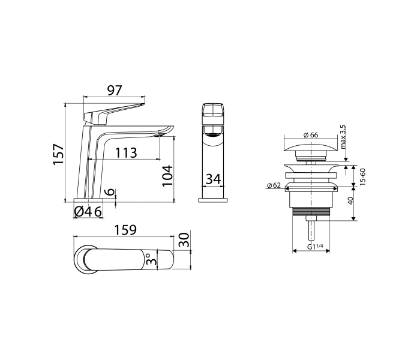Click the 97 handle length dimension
(115, 90)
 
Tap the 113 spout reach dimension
(125, 152)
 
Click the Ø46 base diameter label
(87, 211)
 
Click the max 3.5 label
(343, 137)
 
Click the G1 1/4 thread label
(315, 247)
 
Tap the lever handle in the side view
(114, 111)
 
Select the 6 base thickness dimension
(109, 191)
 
